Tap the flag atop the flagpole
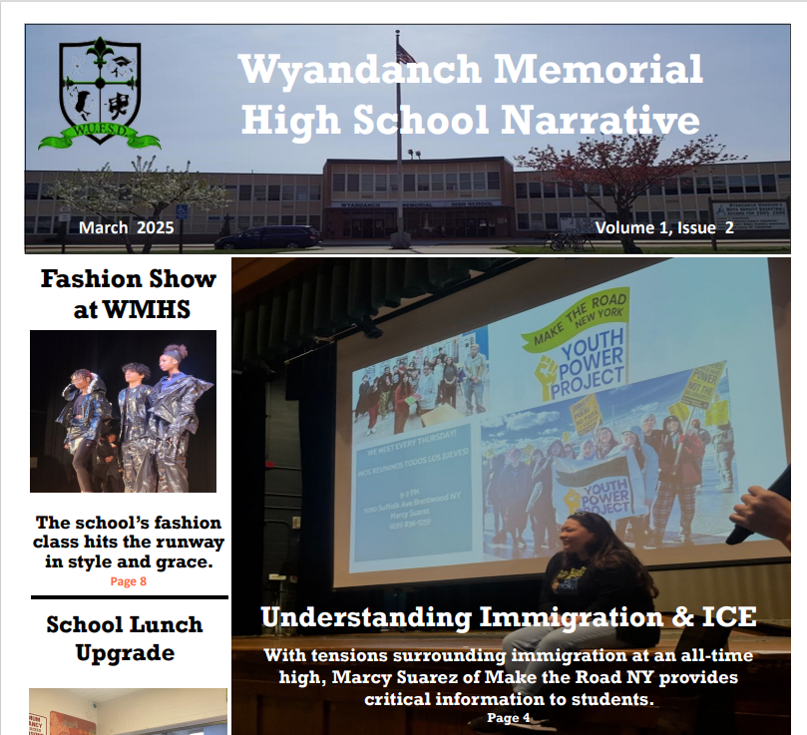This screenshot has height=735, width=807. coord(405,51)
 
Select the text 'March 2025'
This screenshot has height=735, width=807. coord(127,227)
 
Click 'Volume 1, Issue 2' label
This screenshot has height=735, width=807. coord(664,227)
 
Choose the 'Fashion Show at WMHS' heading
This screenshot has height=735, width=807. coord(128,294)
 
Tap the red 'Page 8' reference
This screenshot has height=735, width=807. coord(128,581)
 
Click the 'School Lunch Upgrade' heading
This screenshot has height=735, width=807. coord(125,639)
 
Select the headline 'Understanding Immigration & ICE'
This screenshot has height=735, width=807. coord(509,617)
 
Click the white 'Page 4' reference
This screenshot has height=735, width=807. coord(509,717)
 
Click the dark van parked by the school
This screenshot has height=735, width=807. coord(267,237)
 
